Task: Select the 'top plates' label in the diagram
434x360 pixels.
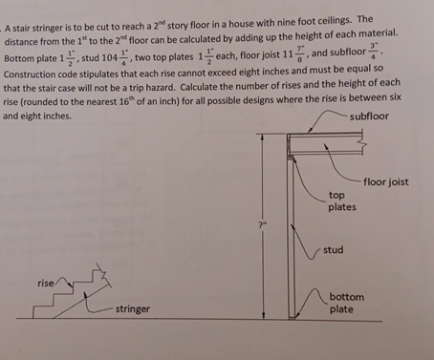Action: point(341,201)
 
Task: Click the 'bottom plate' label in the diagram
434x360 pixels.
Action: point(347,303)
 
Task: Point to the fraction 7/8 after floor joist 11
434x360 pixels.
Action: point(302,54)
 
